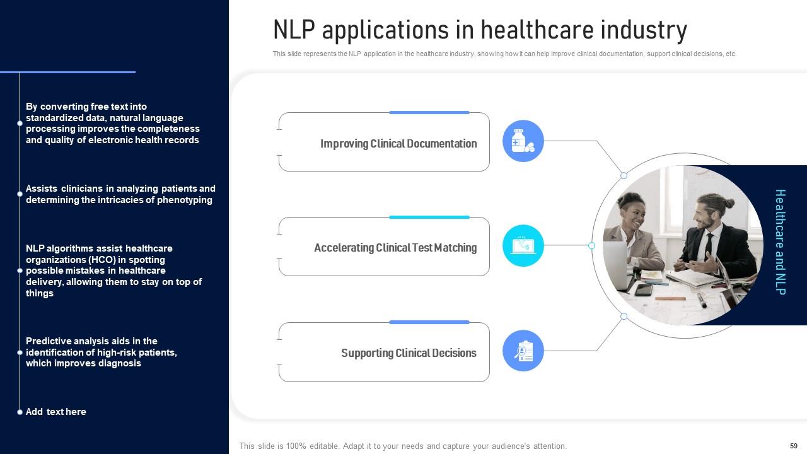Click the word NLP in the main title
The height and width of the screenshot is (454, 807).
pos(294,30)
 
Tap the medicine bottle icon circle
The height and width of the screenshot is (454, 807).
pos(523,141)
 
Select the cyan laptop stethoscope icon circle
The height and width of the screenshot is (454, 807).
pos(523,246)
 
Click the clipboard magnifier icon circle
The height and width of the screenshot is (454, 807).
pos(523,351)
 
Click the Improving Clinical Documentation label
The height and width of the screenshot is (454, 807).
pos(398,144)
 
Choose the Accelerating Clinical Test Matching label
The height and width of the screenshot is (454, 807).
pos(395,248)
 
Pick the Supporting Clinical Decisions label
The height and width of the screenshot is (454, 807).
pos(409,353)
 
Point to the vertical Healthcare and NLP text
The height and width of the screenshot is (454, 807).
pos(780,242)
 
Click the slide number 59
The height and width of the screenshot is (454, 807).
pos(794,446)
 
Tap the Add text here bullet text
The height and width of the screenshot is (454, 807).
pos(56,412)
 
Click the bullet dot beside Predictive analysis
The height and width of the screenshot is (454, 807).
pos(20,352)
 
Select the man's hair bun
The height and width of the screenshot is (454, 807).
pos(728,204)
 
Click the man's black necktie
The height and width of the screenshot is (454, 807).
pos(709,246)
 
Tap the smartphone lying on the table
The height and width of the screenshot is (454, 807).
pos(644,289)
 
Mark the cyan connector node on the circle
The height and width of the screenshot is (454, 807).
pos(591,246)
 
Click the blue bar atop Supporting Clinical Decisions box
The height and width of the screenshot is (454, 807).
pos(429,322)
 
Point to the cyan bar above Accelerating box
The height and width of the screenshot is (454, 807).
pos(429,217)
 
